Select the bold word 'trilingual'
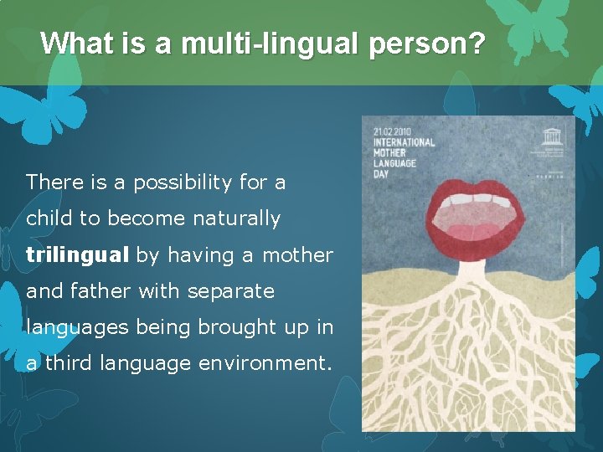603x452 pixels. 78,255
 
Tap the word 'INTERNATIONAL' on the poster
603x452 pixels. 405,142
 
